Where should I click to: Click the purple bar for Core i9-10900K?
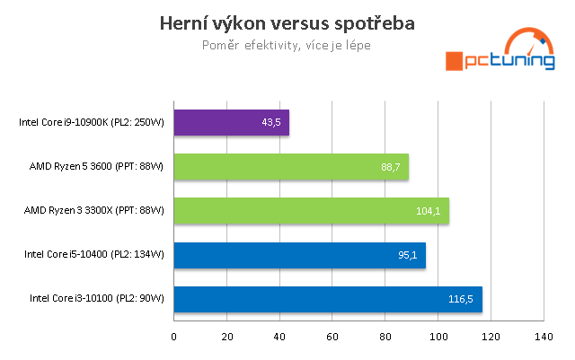coord(231,122)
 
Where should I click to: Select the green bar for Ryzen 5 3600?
coord(291,166)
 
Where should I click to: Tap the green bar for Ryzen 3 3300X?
coord(311,210)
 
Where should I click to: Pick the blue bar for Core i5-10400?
coord(299,254)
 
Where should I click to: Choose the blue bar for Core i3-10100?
coord(328,298)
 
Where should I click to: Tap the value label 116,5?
coord(460,298)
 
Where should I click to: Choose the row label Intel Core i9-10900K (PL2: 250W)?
coord(92,122)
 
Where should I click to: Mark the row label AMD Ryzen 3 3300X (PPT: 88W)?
coord(96,210)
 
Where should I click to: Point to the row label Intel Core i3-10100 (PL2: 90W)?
coord(97,298)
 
